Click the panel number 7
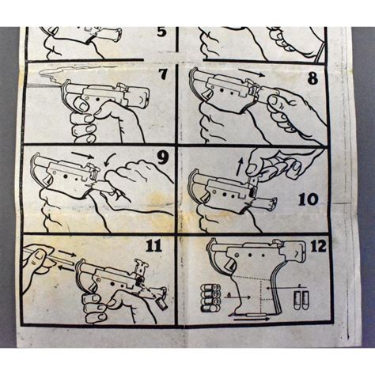click(163, 74)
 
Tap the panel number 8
click(312, 78)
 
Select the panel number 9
click(162, 157)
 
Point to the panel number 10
click(309, 199)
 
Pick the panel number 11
click(154, 245)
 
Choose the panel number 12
click(318, 246)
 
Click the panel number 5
click(161, 32)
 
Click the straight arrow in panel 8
click(251, 72)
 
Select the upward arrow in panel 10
click(239, 167)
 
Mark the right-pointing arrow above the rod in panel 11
click(67, 254)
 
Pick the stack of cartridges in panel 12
click(210, 298)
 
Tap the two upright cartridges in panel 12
click(301, 301)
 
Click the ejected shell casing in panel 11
click(161, 305)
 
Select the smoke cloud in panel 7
click(77, 71)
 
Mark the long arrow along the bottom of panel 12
click(252, 319)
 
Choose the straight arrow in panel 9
click(82, 154)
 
